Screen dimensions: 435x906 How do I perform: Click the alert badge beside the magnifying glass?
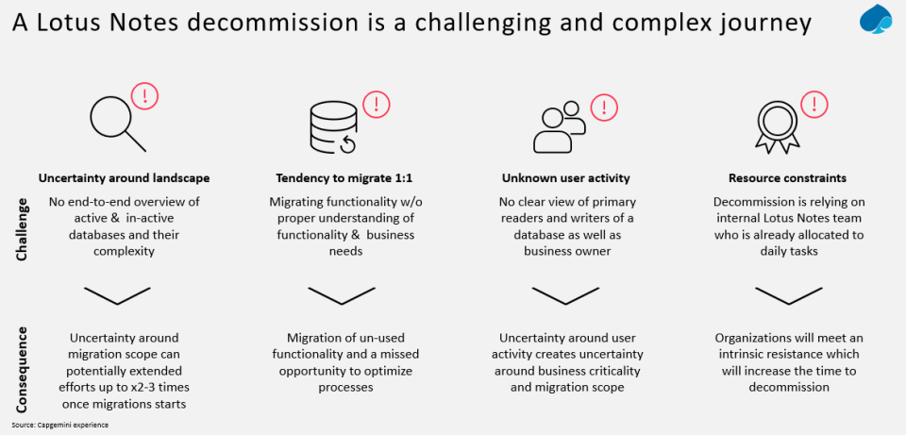click(x=145, y=94)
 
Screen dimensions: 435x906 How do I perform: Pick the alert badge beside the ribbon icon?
click(x=813, y=104)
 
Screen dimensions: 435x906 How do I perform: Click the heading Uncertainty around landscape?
click(x=124, y=177)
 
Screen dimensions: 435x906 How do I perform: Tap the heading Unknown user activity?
click(x=566, y=177)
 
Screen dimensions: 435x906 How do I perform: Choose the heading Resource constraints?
click(x=787, y=177)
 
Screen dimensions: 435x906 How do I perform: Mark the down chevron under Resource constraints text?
click(x=786, y=294)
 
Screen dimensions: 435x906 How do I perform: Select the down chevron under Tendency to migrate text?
click(x=341, y=294)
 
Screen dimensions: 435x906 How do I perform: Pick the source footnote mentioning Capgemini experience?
click(x=60, y=425)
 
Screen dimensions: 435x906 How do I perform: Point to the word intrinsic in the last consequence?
click(x=747, y=355)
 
